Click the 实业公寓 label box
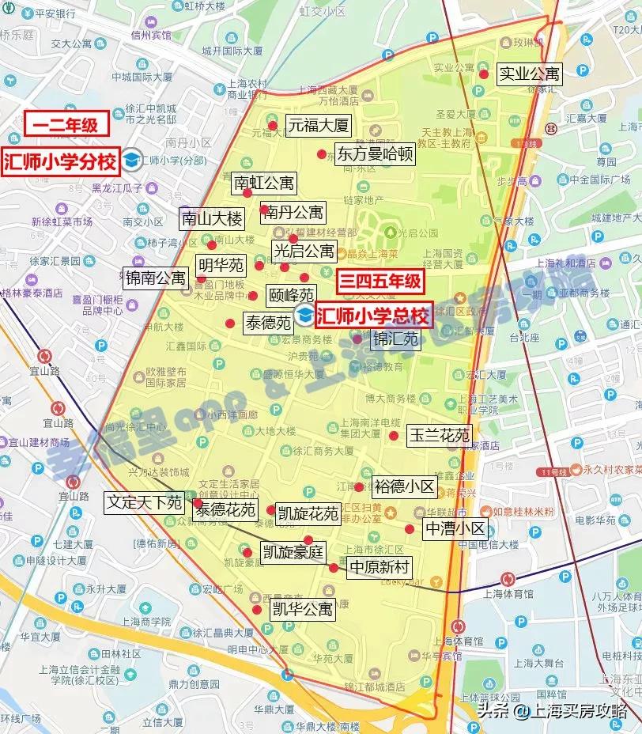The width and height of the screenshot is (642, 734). [x=529, y=74]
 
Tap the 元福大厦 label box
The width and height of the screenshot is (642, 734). [x=317, y=125]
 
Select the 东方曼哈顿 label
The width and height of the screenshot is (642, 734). [x=375, y=153]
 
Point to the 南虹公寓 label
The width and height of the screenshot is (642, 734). [x=264, y=183]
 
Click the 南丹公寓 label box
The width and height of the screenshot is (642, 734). [x=295, y=212]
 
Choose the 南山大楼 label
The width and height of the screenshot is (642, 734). [x=212, y=219]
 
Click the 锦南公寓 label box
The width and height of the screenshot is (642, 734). [x=156, y=278]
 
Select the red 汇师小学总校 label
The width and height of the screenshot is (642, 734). [x=373, y=317]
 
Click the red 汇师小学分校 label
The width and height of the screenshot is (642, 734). [x=60, y=161]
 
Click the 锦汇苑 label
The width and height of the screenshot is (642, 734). [x=395, y=340]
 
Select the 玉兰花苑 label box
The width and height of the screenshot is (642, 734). [x=440, y=436]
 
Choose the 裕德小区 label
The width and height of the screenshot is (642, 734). [x=404, y=486]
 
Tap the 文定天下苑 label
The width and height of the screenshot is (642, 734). [x=145, y=502]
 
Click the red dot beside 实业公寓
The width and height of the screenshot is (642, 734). [x=483, y=74]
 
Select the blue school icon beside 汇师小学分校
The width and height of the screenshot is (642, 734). [x=133, y=161]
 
